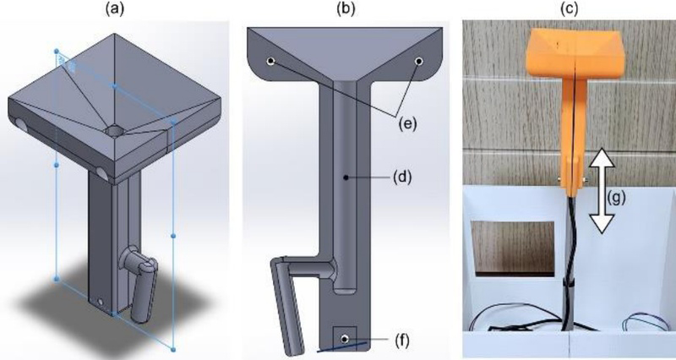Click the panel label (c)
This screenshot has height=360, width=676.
[x=568, y=10]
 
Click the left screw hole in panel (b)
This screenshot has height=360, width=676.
[x=270, y=62]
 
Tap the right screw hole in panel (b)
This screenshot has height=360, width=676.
[x=419, y=62]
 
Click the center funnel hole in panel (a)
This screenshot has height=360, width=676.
[x=115, y=131]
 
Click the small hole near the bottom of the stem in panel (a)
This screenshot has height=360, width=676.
[x=101, y=301]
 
